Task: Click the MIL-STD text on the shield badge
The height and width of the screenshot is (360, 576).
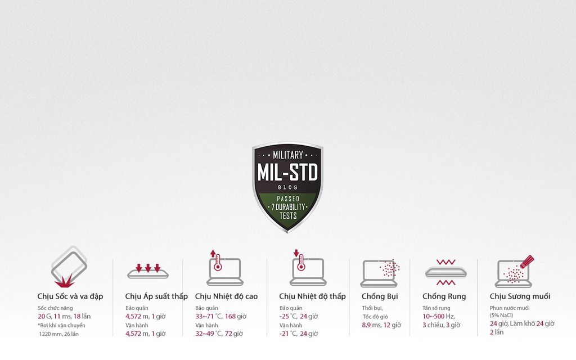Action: click(287, 172)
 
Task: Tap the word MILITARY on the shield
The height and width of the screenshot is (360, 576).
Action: click(287, 155)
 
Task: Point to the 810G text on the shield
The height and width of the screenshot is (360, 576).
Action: click(287, 187)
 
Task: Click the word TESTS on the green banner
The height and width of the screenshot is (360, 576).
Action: click(288, 215)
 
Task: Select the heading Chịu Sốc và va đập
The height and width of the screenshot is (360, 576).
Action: click(70, 296)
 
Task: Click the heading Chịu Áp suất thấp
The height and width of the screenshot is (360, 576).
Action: click(156, 296)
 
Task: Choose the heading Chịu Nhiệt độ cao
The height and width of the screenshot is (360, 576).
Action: click(226, 296)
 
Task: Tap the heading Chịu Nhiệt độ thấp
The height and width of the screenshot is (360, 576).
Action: click(312, 296)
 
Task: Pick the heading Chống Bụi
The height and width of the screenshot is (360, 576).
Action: click(380, 296)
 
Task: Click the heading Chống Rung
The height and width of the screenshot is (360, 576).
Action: click(444, 296)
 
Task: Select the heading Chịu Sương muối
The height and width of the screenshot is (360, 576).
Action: click(520, 296)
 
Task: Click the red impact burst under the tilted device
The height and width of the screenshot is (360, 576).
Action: click(64, 282)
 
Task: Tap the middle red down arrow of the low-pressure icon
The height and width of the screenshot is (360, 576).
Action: click(148, 268)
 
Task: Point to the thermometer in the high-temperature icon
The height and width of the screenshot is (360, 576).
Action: click(218, 263)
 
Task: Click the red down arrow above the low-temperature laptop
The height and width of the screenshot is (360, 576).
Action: click(296, 253)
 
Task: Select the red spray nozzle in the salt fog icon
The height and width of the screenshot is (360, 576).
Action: click(527, 262)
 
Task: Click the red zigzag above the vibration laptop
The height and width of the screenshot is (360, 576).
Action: click(446, 262)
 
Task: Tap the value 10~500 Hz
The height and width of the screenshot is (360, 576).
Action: click(439, 316)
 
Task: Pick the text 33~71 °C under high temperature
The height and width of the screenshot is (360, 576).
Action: click(209, 316)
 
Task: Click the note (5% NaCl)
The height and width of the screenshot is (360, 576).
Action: click(501, 315)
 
